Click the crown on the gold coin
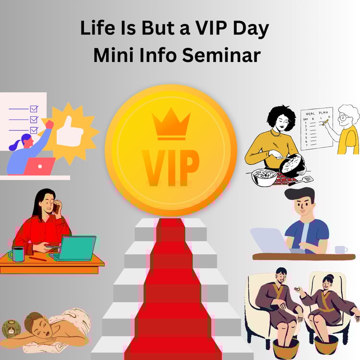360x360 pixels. click(x=171, y=124)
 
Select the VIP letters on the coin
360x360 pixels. click(x=170, y=168)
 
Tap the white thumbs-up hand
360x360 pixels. click(x=70, y=132)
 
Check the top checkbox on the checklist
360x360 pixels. click(x=34, y=108)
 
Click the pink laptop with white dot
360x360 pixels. click(x=39, y=166)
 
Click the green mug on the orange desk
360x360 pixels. click(x=17, y=254)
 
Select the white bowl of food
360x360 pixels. click(x=264, y=177)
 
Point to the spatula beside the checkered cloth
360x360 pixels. click(x=301, y=180)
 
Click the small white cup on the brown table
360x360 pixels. click(x=341, y=250)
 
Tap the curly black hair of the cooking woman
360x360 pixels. click(x=281, y=117)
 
